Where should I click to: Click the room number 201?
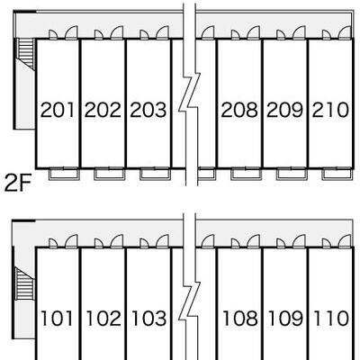click(57, 110)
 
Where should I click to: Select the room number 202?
click(103, 110)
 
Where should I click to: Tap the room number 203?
click(148, 110)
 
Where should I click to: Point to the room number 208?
click(239, 110)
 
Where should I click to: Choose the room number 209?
click(285, 110)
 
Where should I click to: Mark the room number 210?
click(330, 110)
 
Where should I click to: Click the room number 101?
click(57, 319)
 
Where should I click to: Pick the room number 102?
click(103, 319)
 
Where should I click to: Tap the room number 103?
click(148, 319)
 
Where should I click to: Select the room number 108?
click(240, 319)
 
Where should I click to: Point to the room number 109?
click(285, 319)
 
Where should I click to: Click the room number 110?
click(331, 319)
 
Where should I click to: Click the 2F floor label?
click(17, 184)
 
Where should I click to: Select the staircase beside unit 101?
click(24, 284)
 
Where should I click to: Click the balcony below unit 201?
click(64, 175)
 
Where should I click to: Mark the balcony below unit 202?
click(110, 175)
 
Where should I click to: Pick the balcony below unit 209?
click(292, 175)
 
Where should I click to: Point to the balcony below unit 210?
click(337, 175)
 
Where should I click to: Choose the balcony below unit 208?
click(247, 175)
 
